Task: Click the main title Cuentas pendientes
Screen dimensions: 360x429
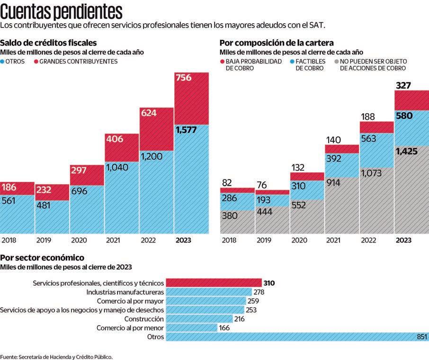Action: [x=62, y=10]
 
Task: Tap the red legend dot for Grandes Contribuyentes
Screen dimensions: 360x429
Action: [x=36, y=62]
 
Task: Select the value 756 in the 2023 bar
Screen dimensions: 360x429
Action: [x=183, y=77]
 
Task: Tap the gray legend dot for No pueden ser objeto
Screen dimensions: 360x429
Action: [x=336, y=62]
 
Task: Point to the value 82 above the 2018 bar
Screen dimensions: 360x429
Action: [x=227, y=182]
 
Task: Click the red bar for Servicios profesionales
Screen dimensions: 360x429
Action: [x=214, y=283]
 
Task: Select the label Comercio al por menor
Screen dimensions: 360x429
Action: [x=130, y=328]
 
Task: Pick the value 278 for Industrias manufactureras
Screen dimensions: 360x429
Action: [x=259, y=292]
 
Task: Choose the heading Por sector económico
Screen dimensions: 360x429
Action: [x=43, y=258]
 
